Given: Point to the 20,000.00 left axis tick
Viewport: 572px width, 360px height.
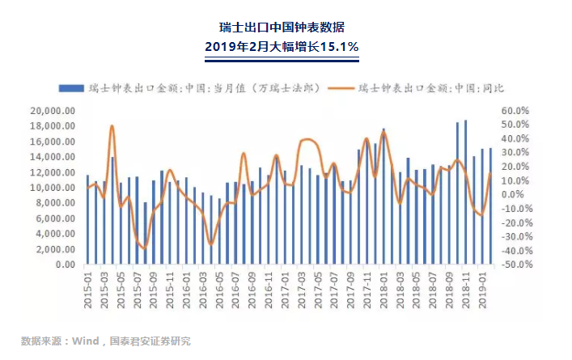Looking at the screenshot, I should click(x=53, y=111).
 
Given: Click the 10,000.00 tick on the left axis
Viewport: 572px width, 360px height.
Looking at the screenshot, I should click(x=53, y=188).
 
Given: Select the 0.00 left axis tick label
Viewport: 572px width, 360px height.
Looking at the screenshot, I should click(x=65, y=265).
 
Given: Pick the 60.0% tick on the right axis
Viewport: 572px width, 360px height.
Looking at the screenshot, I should click(x=515, y=111).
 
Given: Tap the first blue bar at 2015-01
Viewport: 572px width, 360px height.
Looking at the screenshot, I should click(x=87, y=219).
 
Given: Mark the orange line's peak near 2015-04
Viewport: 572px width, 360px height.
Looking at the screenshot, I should click(x=112, y=126).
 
